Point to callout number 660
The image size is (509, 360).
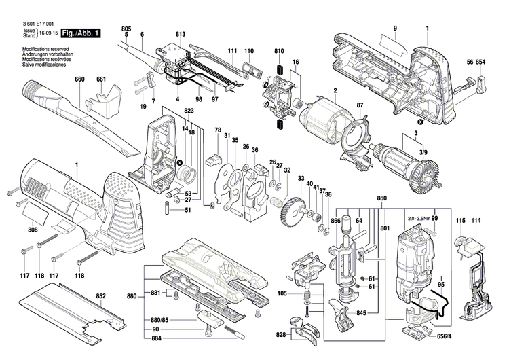[80, 79]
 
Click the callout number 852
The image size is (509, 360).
[100, 296]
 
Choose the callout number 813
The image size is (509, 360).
[180, 34]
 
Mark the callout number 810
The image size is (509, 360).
[278, 52]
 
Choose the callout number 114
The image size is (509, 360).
[476, 222]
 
